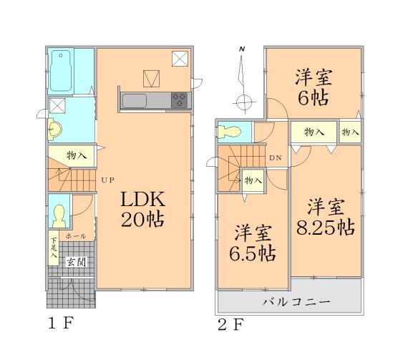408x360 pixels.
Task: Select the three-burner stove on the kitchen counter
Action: click(180, 101)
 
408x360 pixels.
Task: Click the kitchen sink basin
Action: click(135, 101)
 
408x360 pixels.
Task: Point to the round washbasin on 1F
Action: click(54, 129)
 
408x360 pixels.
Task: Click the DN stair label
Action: click(276, 159)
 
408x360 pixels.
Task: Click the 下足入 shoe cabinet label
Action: click(54, 247)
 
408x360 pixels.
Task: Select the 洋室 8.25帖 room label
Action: click(326, 218)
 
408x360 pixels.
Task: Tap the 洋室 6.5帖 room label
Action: click(253, 243)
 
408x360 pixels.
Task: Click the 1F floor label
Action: click(59, 323)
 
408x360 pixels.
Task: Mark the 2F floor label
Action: click(231, 324)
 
